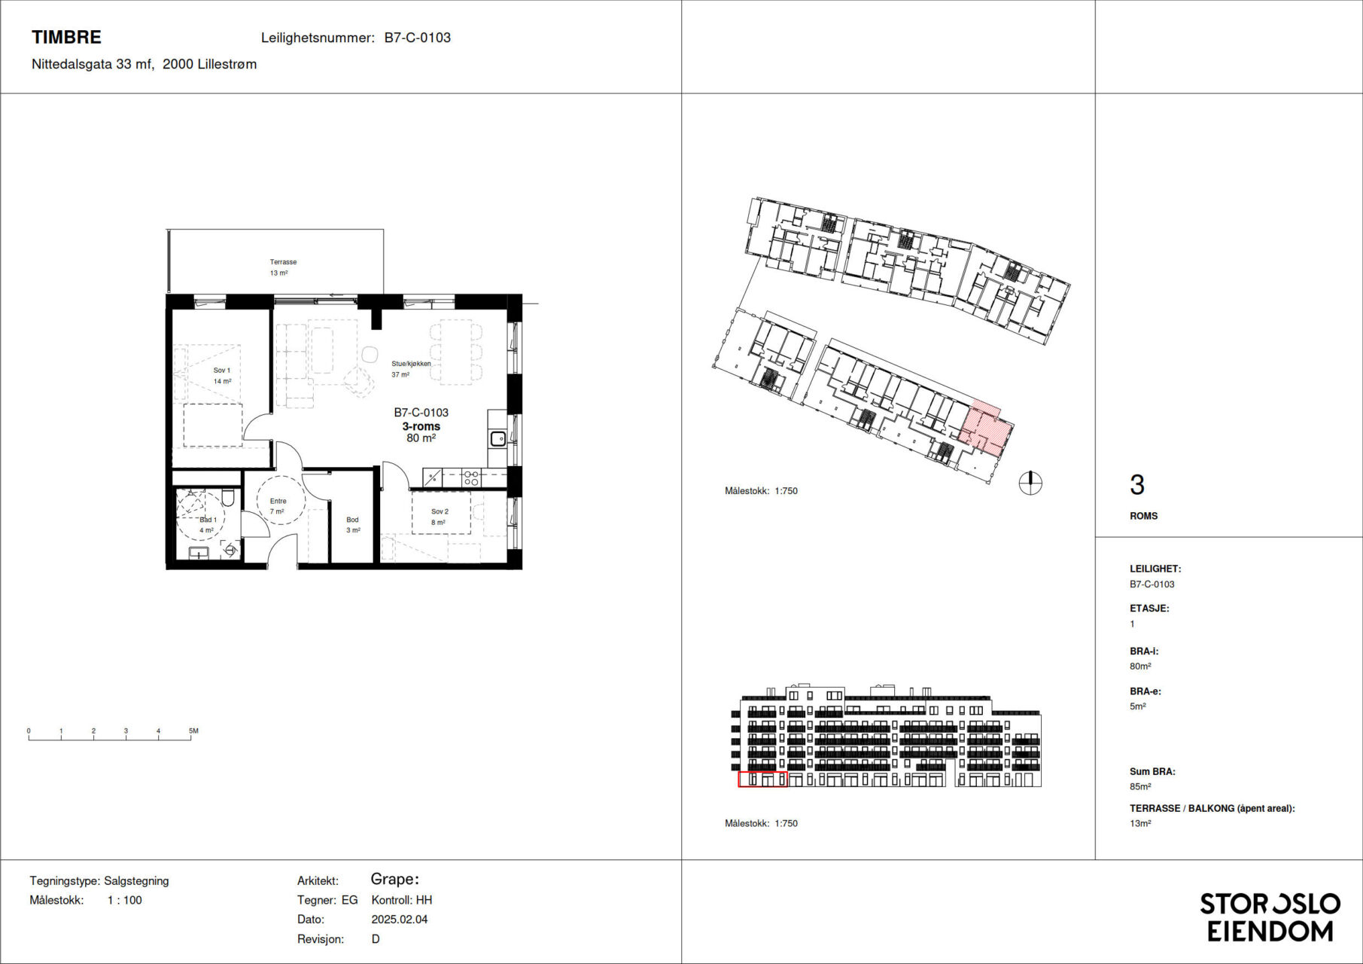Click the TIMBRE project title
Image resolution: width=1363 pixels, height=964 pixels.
click(x=66, y=37)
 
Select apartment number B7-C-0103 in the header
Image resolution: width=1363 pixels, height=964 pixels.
click(x=417, y=38)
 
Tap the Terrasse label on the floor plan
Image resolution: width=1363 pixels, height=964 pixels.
click(x=283, y=262)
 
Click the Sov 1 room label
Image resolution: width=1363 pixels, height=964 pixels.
click(x=222, y=371)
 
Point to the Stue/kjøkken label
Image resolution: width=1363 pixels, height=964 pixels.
click(x=411, y=364)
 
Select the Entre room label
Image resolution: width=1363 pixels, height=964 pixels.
click(x=278, y=501)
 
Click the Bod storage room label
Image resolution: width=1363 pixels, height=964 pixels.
click(x=352, y=520)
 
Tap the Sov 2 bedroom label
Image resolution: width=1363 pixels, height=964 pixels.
click(x=440, y=511)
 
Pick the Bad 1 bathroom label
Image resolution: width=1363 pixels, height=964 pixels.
click(x=208, y=520)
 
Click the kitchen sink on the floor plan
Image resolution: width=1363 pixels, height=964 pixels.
click(x=497, y=438)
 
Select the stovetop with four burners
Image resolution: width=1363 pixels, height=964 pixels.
click(x=470, y=477)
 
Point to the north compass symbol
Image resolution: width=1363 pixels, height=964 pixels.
click(x=1030, y=483)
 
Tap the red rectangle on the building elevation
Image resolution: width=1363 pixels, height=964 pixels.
click(x=762, y=779)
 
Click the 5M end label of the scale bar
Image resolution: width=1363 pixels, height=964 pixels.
click(x=193, y=731)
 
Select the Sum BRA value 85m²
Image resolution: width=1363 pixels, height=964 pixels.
click(x=1140, y=786)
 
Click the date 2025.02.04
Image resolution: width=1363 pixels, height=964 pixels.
click(x=400, y=920)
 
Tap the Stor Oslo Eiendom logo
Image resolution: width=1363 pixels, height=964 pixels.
click(x=1270, y=917)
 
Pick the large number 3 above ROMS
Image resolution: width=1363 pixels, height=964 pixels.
click(x=1137, y=485)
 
